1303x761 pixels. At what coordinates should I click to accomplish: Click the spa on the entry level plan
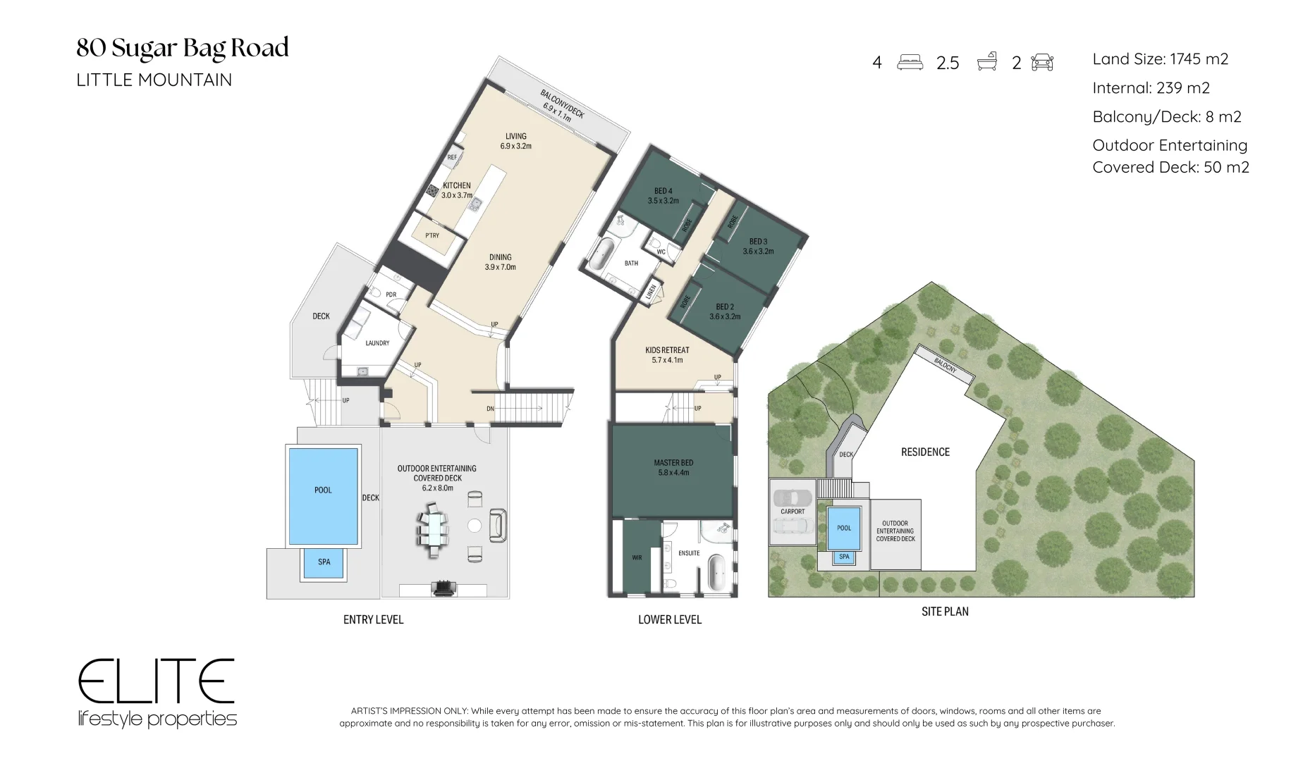[324, 562]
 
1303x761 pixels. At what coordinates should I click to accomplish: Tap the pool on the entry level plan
[323, 495]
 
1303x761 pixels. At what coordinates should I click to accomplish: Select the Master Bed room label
[673, 467]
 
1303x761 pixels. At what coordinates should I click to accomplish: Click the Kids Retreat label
[667, 354]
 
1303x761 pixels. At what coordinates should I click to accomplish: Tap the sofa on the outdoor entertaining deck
[498, 526]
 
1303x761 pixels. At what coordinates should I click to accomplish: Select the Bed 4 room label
[663, 196]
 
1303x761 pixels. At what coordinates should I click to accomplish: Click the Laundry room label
[377, 343]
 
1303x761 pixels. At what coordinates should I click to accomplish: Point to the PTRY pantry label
[432, 235]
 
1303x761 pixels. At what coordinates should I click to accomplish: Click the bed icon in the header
[910, 62]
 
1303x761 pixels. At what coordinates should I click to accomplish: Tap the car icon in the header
[1042, 62]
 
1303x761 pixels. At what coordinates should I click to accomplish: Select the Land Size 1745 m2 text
[1161, 59]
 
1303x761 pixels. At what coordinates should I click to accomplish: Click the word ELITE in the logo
[156, 681]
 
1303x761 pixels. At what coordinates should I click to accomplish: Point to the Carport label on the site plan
[793, 512]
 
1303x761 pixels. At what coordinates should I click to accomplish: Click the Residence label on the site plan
[925, 452]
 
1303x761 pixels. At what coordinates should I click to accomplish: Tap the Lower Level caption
[670, 619]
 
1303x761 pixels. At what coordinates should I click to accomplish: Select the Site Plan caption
[945, 612]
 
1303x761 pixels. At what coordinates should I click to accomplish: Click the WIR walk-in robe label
[637, 557]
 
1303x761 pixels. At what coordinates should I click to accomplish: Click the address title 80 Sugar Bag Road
[183, 48]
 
